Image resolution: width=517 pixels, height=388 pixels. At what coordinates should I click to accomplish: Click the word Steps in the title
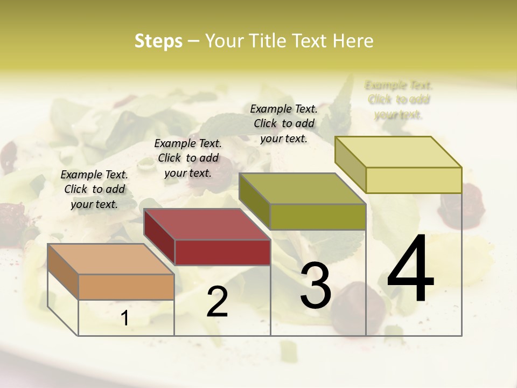click(158, 41)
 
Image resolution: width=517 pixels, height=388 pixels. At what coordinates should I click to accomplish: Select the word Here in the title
click(354, 41)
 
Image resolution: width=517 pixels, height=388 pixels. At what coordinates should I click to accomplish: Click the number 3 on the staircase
click(316, 286)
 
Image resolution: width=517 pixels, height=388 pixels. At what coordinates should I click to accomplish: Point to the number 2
click(217, 302)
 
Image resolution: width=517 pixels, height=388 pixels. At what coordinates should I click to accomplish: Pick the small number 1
click(124, 318)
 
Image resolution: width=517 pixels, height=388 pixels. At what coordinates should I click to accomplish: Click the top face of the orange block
click(110, 259)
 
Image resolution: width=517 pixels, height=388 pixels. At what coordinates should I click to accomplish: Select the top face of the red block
click(207, 224)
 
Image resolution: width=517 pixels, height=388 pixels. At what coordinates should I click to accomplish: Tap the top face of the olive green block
click(302, 189)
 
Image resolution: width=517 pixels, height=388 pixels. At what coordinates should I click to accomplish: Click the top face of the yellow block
click(398, 152)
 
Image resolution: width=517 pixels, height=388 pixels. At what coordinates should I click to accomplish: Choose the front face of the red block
click(222, 252)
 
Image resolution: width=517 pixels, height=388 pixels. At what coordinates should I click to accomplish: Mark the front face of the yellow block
click(414, 180)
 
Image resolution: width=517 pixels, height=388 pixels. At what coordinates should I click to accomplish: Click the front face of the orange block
click(126, 287)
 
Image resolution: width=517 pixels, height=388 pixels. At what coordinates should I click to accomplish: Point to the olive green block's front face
click(318, 217)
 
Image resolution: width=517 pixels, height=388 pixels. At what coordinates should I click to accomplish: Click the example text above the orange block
click(94, 190)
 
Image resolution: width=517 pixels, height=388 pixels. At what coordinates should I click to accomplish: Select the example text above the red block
click(188, 158)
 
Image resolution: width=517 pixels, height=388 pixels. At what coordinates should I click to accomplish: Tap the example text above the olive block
click(284, 124)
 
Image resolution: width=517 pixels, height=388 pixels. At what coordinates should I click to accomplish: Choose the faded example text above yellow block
click(399, 100)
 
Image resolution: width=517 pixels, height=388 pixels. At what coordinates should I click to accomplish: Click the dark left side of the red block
click(159, 237)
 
